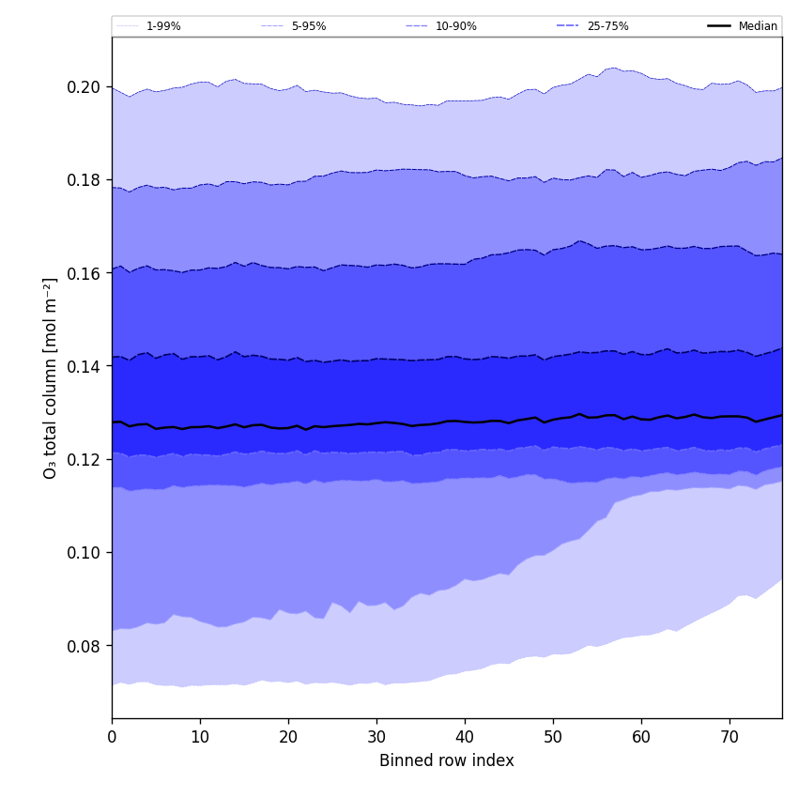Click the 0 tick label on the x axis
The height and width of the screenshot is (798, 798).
112,738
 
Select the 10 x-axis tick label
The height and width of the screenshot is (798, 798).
200,738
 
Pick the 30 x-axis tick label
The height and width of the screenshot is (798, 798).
376,738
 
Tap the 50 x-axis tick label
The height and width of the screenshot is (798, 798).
553,738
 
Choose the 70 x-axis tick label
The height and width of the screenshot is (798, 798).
729,738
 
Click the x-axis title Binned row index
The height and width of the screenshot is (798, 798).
447,760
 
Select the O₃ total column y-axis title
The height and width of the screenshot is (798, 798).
51,377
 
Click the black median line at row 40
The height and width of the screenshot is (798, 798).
465,422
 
